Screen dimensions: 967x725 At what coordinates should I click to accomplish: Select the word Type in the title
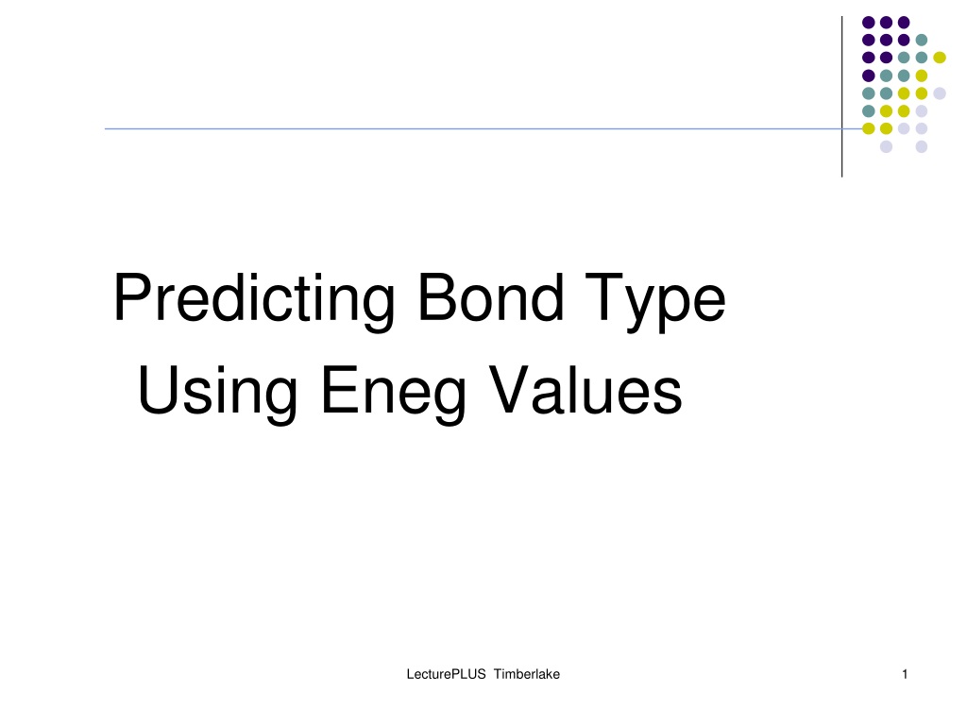(655, 302)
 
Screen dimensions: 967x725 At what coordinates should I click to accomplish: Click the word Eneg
(394, 393)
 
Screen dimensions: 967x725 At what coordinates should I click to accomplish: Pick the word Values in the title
(585, 390)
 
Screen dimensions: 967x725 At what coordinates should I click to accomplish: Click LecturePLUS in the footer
(446, 674)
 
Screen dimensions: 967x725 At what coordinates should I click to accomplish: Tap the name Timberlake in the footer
(527, 674)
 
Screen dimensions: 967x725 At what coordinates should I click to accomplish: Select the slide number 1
(905, 674)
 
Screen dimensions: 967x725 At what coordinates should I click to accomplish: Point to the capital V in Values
(509, 390)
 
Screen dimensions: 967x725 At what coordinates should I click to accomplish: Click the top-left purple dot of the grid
(869, 23)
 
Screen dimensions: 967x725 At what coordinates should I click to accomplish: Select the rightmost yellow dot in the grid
(940, 58)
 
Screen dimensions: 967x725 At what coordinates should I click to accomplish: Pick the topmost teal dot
(922, 40)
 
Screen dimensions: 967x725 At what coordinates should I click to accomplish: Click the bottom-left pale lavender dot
(886, 146)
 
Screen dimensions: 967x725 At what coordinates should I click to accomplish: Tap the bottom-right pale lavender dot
(922, 146)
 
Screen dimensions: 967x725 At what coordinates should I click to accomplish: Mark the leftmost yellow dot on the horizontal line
(869, 128)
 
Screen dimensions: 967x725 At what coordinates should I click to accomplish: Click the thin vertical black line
(841, 97)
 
